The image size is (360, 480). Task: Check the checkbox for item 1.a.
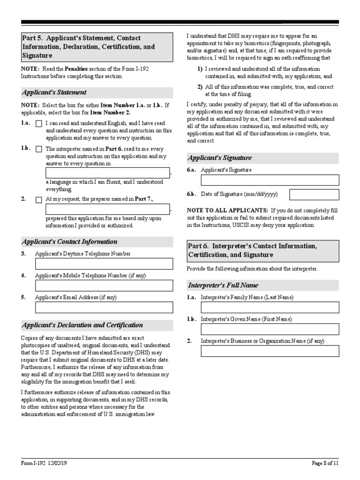click(39, 124)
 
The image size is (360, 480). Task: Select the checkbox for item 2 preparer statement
click(39, 200)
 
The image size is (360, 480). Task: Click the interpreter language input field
click(107, 173)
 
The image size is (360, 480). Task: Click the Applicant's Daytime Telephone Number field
click(104, 264)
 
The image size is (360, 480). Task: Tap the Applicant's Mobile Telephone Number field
click(104, 285)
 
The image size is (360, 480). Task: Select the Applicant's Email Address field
click(104, 307)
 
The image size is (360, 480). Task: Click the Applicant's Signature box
click(270, 180)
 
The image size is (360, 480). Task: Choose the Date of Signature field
click(314, 195)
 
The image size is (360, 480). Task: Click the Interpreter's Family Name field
click(270, 307)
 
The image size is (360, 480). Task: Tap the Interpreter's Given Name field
click(270, 330)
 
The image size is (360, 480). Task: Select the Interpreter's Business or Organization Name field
click(270, 351)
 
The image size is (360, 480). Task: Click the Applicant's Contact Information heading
click(70, 242)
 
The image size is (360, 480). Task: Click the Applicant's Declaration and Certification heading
click(82, 325)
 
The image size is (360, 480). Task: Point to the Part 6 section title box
click(262, 251)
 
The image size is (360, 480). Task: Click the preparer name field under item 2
click(107, 210)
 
